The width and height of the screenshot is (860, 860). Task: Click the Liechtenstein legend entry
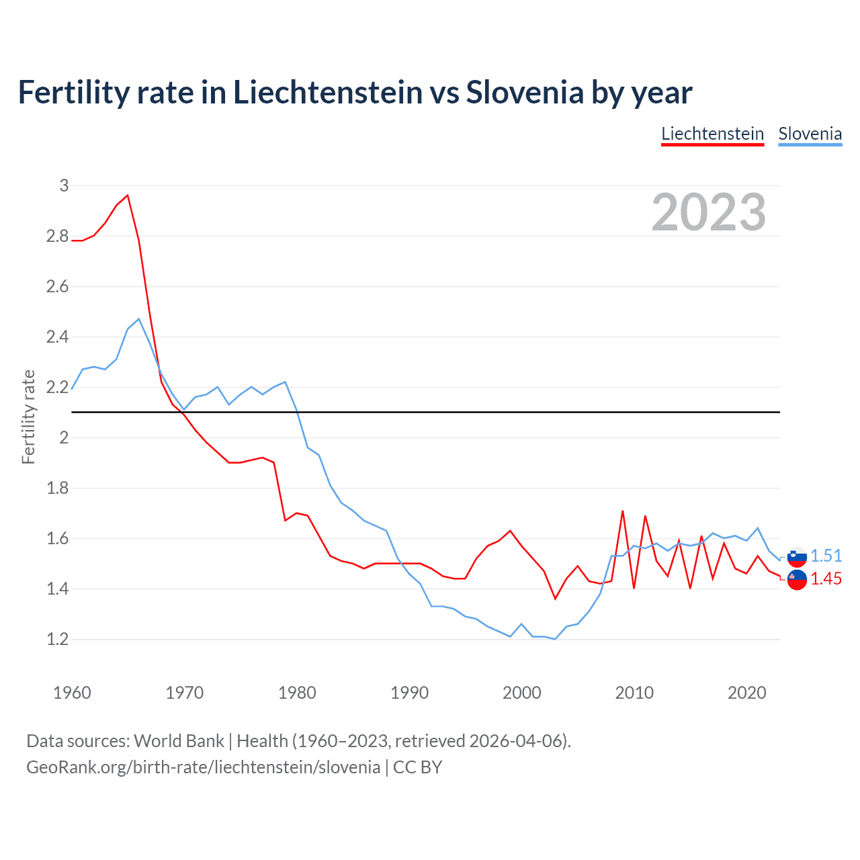pyautogui.click(x=712, y=134)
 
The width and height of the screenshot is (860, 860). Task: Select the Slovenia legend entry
pyautogui.click(x=810, y=134)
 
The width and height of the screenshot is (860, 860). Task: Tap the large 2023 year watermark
pyautogui.click(x=709, y=212)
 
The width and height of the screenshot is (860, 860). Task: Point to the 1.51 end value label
pyautogui.click(x=826, y=556)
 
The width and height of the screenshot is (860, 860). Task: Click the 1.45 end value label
pyautogui.click(x=826, y=578)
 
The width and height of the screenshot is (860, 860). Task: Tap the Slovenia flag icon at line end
pyautogui.click(x=797, y=556)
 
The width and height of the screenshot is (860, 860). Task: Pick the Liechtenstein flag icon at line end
pyautogui.click(x=797, y=580)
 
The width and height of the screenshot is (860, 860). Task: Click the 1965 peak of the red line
pyautogui.click(x=128, y=196)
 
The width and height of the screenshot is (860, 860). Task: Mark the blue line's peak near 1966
pyautogui.click(x=139, y=319)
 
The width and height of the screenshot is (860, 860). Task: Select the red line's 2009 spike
pyautogui.click(x=623, y=511)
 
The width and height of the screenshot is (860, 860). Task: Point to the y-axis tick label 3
pyautogui.click(x=64, y=185)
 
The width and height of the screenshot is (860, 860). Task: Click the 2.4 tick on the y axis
pyautogui.click(x=57, y=337)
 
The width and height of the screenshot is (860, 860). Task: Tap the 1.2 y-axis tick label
pyautogui.click(x=57, y=639)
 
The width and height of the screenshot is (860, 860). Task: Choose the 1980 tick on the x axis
pyautogui.click(x=297, y=693)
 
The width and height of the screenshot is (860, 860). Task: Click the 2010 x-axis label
pyautogui.click(x=634, y=693)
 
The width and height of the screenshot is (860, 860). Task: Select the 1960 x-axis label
pyautogui.click(x=72, y=693)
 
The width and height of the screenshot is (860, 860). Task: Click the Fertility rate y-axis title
pyautogui.click(x=28, y=417)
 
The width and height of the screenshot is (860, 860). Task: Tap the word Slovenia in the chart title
pyautogui.click(x=525, y=92)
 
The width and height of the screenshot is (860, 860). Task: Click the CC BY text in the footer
pyautogui.click(x=417, y=767)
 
